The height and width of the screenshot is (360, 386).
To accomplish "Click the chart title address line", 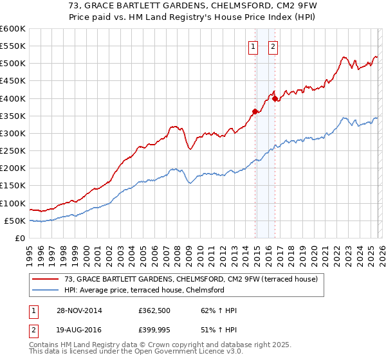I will (x=192, y=7).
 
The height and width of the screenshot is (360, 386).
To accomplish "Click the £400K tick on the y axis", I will (x=13, y=98).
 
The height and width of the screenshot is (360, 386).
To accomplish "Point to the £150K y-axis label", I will (x=13, y=186).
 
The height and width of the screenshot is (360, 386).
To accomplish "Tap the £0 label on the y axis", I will (x=19, y=238).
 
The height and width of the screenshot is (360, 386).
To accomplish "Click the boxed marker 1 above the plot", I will (x=253, y=46).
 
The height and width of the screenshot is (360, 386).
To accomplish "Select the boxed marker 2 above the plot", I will (x=273, y=46).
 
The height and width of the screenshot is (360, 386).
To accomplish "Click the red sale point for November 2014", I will (x=255, y=111).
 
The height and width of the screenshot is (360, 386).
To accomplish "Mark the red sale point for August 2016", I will (x=275, y=98).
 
